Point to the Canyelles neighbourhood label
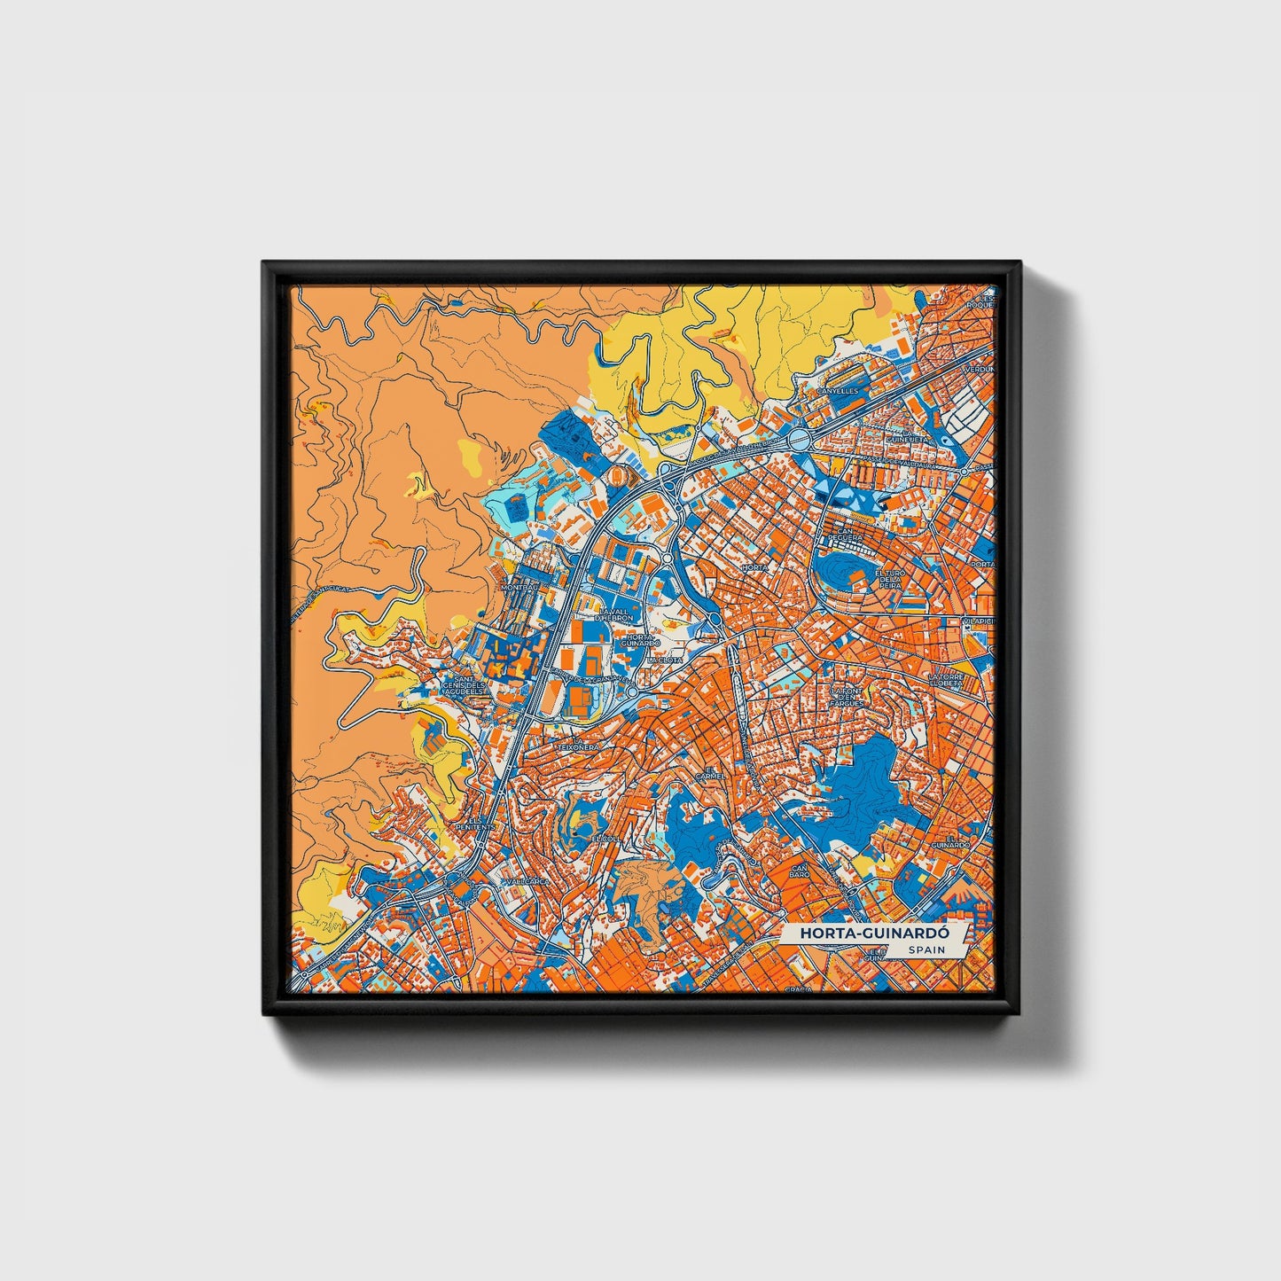[x=837, y=389]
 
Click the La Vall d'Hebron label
[x=615, y=614]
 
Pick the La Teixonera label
[x=577, y=743]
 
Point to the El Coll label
[x=606, y=837]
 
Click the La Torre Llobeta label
[x=945, y=680]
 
